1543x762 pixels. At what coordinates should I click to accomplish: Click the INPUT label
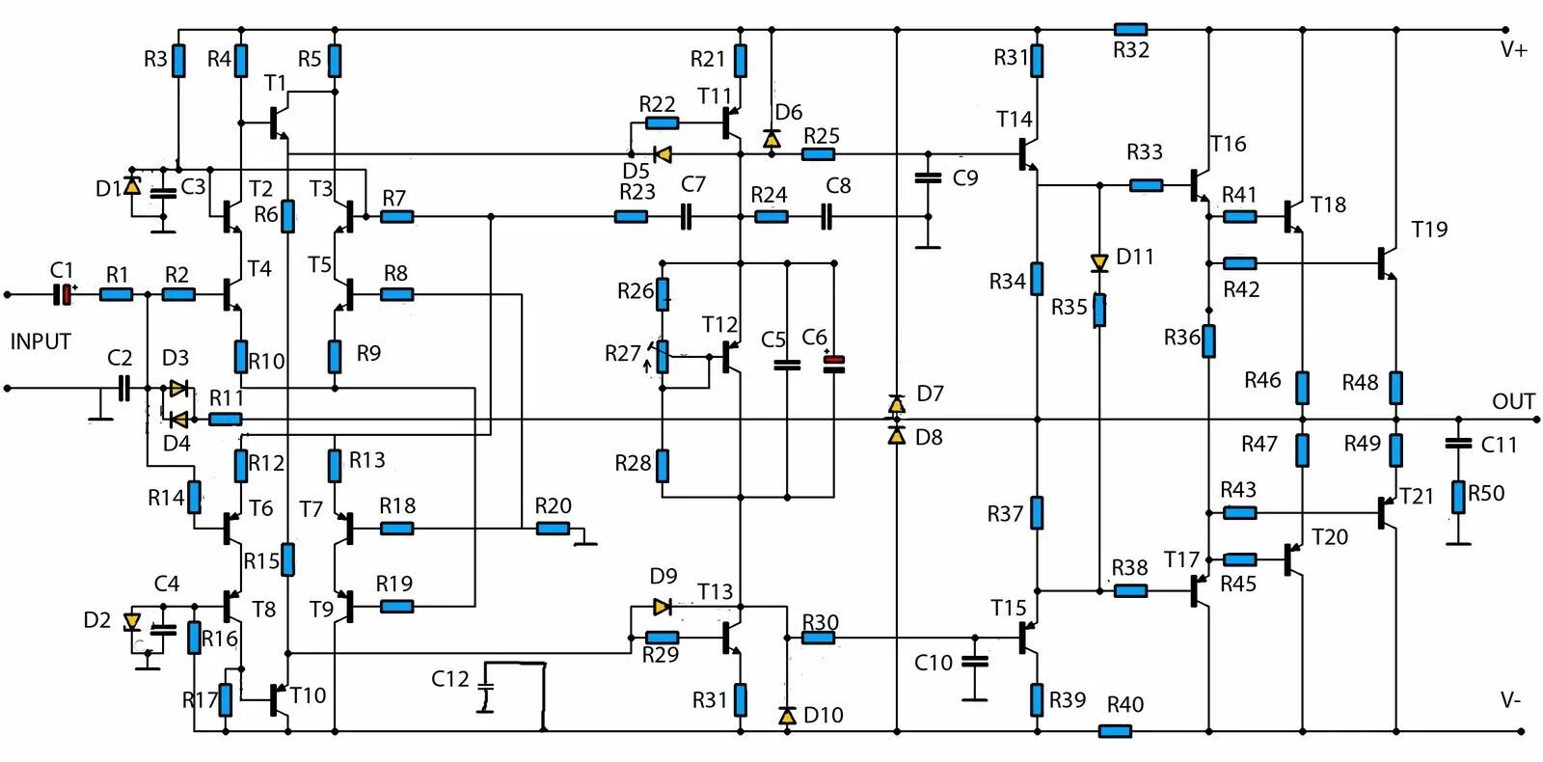(x=41, y=341)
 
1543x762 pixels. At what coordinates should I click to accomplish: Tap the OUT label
(x=1513, y=401)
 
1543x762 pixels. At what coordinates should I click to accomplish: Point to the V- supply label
(x=1511, y=700)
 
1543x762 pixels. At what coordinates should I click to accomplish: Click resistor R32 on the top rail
(x=1130, y=30)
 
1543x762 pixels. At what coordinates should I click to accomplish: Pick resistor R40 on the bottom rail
(x=1115, y=731)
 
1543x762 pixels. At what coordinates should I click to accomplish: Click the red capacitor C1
(x=64, y=294)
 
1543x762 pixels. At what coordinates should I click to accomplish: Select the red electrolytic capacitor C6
(x=834, y=364)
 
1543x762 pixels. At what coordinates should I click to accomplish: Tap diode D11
(x=1099, y=262)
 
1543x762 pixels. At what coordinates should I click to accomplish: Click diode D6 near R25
(x=771, y=139)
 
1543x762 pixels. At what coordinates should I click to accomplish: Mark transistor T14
(x=1027, y=154)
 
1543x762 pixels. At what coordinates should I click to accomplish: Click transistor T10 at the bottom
(x=280, y=700)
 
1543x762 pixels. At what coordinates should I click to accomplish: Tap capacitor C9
(x=928, y=177)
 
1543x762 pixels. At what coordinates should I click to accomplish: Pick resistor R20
(x=554, y=528)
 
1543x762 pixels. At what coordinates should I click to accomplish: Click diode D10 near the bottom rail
(x=787, y=715)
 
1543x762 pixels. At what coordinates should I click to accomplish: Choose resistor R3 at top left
(x=178, y=60)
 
